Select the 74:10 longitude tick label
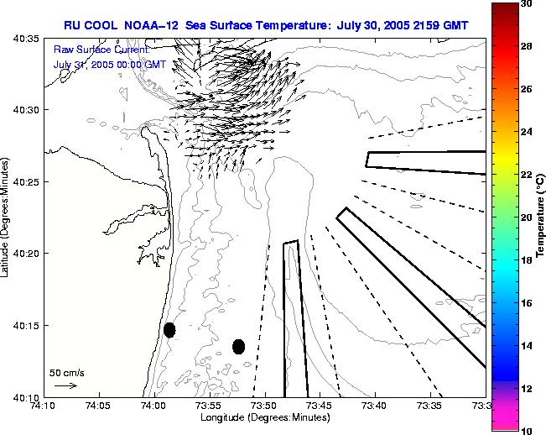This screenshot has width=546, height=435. [x=43, y=406]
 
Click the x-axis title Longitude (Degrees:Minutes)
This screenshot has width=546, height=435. [x=263, y=417]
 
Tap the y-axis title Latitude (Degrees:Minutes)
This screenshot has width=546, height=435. [x=7, y=217]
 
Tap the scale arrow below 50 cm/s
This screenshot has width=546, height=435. [x=65, y=385]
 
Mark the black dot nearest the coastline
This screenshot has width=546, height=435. [x=169, y=330]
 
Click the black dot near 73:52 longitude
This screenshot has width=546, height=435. [x=239, y=346]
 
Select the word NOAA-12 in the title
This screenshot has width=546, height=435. [x=149, y=24]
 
